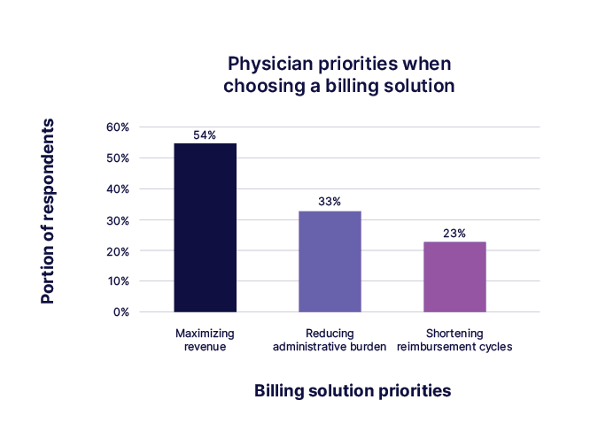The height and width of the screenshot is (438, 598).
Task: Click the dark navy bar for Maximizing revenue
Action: point(205,227)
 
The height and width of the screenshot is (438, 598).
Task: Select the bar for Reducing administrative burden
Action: point(330,261)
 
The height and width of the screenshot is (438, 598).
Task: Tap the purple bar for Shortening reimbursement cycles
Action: point(454,276)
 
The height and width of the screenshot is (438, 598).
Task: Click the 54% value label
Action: point(205,135)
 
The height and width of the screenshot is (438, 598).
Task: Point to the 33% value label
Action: point(330,202)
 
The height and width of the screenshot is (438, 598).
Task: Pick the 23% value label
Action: point(454,234)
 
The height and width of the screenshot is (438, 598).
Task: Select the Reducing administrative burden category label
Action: point(330,340)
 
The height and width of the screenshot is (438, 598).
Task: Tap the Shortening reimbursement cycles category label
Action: point(455,340)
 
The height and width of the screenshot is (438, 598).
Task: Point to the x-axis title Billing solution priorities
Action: point(353,390)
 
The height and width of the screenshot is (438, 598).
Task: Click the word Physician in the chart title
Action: point(266,65)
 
